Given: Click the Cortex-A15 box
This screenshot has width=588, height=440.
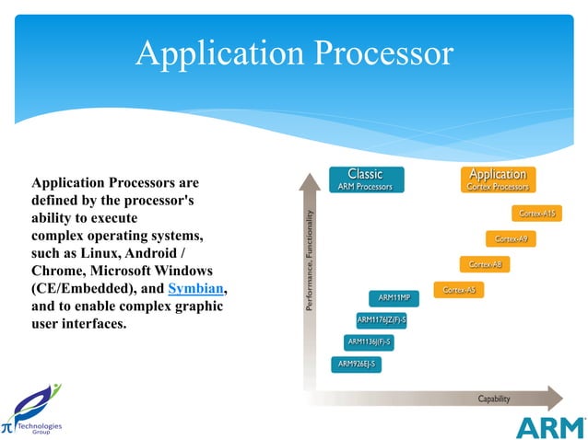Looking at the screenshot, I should (x=536, y=214).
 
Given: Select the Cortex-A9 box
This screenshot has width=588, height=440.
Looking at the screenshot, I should (x=511, y=239).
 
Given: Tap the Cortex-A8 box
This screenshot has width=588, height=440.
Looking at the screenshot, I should (x=485, y=265).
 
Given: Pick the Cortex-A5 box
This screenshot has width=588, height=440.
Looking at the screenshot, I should (x=459, y=291).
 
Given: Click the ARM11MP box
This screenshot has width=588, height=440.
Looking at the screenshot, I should (x=394, y=298).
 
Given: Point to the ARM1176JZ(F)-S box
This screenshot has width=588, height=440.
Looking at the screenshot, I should (x=382, y=320).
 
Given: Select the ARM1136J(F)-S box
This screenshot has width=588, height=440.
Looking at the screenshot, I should (x=369, y=342).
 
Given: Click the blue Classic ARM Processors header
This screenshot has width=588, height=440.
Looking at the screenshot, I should (x=365, y=179).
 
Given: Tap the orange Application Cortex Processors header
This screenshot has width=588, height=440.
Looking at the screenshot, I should (x=498, y=179).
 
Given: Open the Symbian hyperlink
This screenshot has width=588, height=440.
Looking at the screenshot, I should (x=196, y=289).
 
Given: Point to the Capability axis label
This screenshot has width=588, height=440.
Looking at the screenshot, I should (x=493, y=399).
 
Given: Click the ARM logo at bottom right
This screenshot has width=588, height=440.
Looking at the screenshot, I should (x=549, y=427).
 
